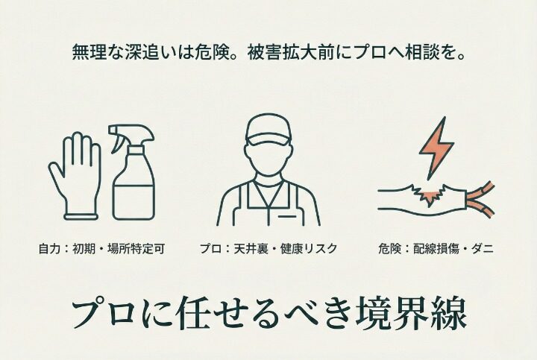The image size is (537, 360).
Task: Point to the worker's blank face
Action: (268, 157)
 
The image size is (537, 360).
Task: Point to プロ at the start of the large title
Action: (101, 315)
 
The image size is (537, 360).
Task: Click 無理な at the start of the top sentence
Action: (89, 53)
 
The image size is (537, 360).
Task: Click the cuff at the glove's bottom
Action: (81, 215)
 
